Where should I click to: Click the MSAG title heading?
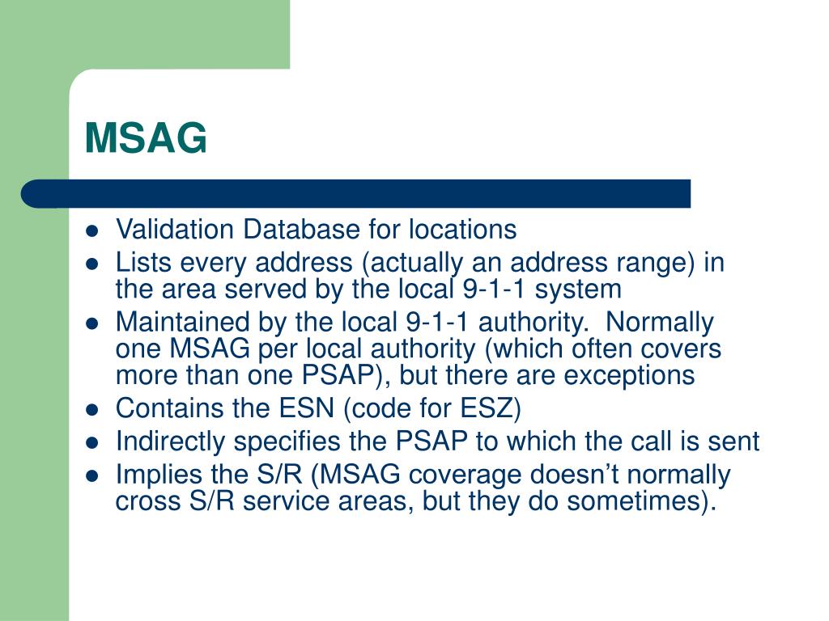tap(147, 138)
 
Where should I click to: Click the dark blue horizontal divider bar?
tap(356, 194)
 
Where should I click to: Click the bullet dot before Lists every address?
tap(92, 264)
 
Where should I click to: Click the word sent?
tap(735, 441)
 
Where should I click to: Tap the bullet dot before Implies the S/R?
tap(92, 475)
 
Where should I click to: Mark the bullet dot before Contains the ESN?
tap(92, 410)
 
